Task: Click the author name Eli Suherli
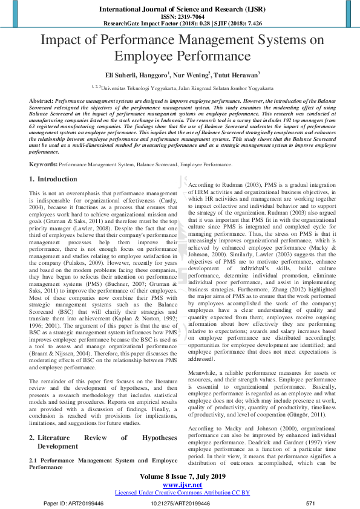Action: click(x=120, y=75)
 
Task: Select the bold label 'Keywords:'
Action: click(x=44, y=164)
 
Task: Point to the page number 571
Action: click(x=311, y=503)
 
